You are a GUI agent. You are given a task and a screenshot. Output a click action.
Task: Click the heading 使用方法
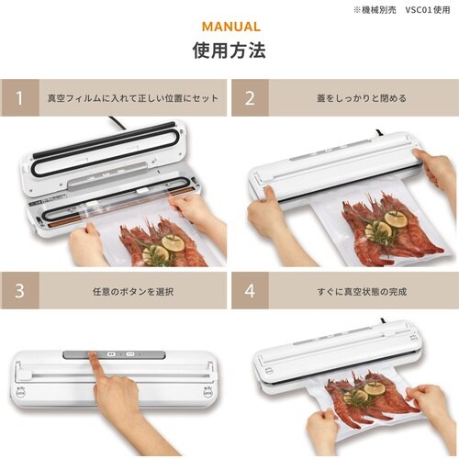(x=229, y=50)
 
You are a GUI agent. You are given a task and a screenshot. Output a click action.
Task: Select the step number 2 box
(x=250, y=98)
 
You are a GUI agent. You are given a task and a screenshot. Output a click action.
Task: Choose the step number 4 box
(x=250, y=292)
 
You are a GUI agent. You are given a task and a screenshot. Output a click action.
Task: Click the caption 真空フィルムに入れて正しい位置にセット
(x=133, y=98)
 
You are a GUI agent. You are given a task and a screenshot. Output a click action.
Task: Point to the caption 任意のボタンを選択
(x=133, y=292)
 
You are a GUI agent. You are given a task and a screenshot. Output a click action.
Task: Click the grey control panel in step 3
(x=119, y=353)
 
